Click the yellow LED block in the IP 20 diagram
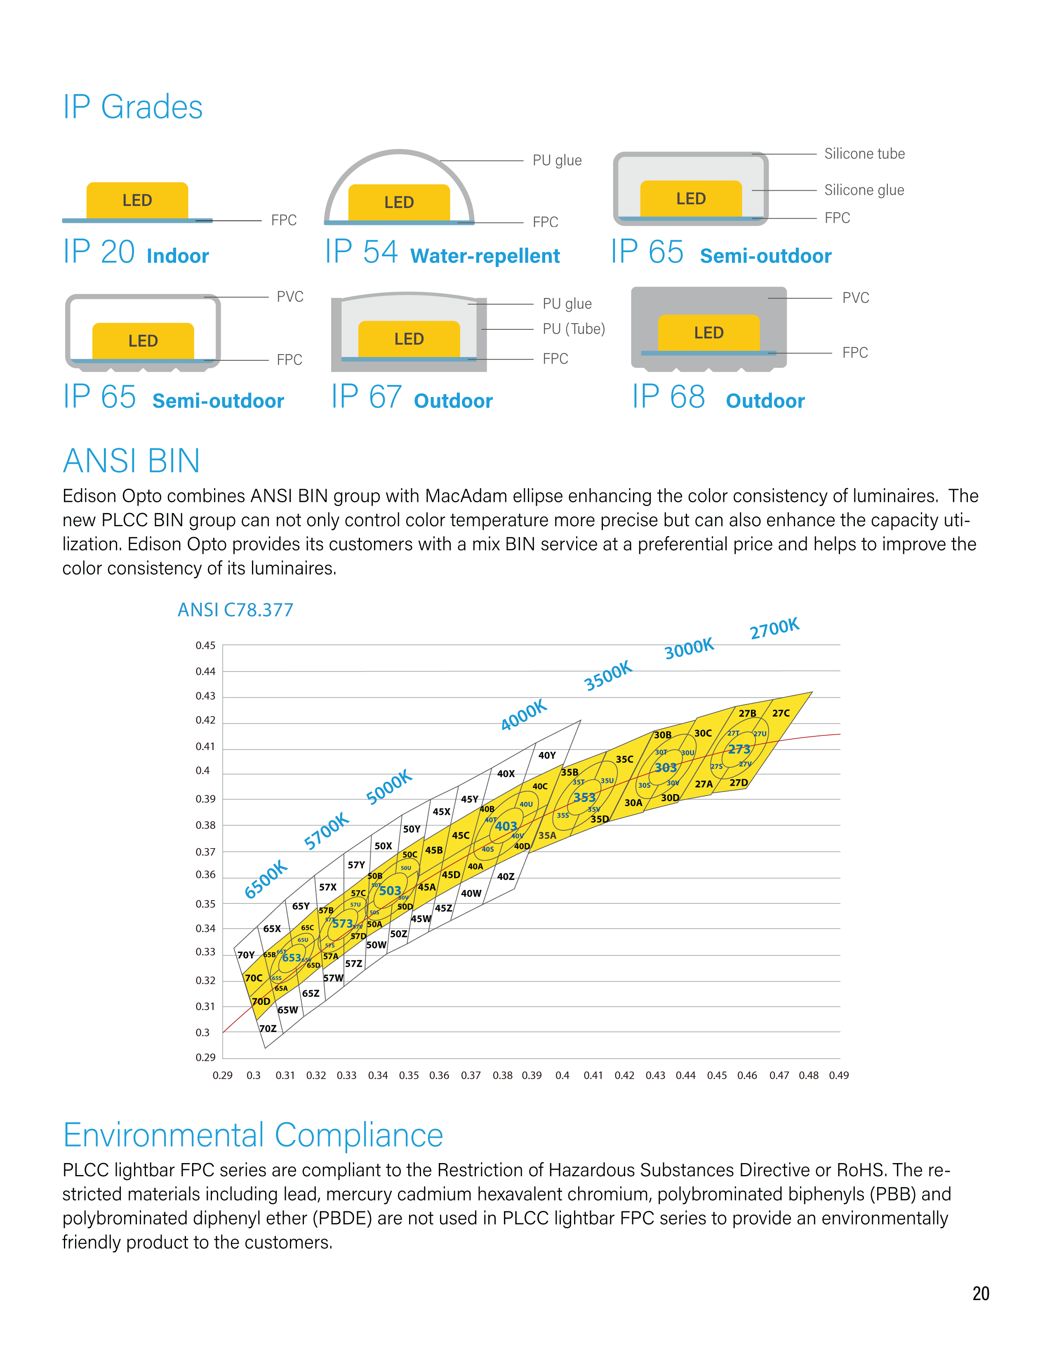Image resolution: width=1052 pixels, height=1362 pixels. tap(137, 200)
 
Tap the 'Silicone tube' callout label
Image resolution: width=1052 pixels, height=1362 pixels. tap(864, 154)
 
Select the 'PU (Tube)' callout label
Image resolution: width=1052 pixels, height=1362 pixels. tap(573, 329)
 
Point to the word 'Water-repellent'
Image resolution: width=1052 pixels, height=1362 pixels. tap(485, 256)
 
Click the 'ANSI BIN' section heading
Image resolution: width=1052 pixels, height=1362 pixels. tap(132, 461)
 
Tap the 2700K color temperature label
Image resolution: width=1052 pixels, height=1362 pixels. tap(774, 629)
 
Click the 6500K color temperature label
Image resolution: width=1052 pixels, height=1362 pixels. tap(266, 879)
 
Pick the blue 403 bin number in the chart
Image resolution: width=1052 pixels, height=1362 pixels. tap(506, 826)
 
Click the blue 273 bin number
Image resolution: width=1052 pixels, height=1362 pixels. tap(739, 749)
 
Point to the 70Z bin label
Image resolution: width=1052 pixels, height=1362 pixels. tap(268, 1029)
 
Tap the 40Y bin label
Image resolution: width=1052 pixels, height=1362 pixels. tap(546, 755)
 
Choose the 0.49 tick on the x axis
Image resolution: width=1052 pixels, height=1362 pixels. tap(838, 1075)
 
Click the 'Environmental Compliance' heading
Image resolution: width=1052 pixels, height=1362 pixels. tap(253, 1135)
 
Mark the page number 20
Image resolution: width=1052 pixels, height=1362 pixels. tap(980, 1294)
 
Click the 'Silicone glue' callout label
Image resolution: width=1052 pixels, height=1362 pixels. tap(864, 190)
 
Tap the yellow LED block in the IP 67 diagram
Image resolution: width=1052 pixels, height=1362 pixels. tap(409, 338)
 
